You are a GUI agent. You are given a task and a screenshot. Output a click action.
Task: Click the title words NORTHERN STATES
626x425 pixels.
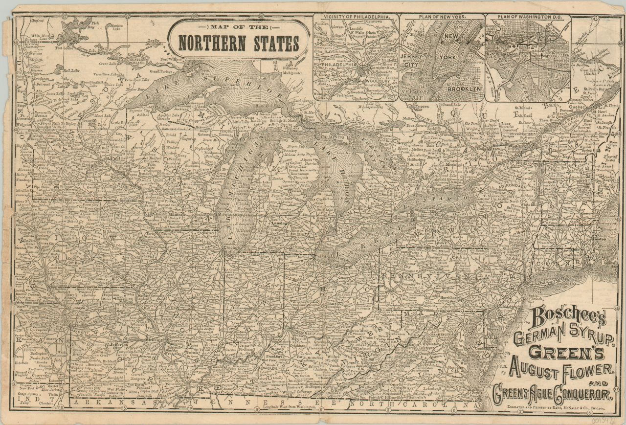click(239, 43)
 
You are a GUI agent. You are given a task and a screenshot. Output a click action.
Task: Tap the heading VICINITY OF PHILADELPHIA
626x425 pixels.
click(356, 16)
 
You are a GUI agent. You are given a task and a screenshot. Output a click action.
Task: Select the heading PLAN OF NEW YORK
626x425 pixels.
click(442, 16)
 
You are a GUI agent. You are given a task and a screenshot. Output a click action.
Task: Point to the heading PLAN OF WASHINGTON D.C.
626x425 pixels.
click(527, 16)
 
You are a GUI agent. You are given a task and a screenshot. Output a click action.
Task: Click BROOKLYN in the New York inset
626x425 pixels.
click(465, 89)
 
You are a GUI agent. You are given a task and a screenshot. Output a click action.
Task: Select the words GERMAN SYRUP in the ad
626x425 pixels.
click(562, 337)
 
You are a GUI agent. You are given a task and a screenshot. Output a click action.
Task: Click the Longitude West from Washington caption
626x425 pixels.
click(289, 407)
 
